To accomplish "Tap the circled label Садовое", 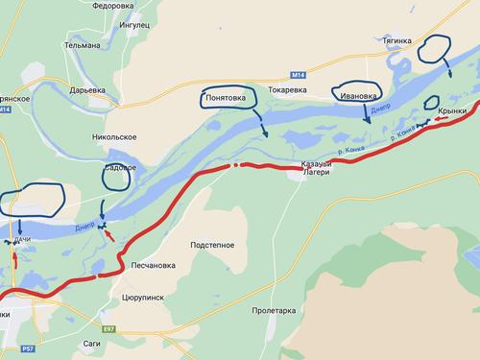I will [x=120, y=169].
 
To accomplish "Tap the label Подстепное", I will [x=212, y=245].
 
